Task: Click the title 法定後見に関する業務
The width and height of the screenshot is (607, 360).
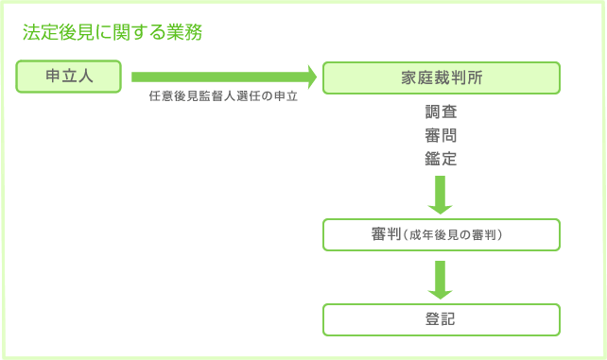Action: (113, 32)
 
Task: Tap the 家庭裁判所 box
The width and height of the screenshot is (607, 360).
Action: (441, 77)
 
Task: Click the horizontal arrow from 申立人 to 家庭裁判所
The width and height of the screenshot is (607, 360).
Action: (223, 77)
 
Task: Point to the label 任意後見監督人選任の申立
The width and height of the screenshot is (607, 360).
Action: (223, 98)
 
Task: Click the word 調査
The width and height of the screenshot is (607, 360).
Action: (441, 112)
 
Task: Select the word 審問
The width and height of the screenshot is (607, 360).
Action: (441, 136)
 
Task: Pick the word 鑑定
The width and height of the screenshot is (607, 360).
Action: (441, 159)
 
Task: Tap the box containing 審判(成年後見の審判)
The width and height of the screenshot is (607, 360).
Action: (441, 234)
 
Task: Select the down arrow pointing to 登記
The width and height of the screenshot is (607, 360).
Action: (441, 281)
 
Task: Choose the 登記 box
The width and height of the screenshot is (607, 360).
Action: (441, 319)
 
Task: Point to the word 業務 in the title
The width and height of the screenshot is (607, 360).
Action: (184, 32)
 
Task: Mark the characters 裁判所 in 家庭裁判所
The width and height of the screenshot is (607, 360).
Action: (457, 77)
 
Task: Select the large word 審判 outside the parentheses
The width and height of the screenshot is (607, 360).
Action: (386, 234)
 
